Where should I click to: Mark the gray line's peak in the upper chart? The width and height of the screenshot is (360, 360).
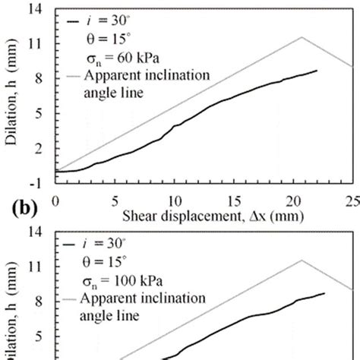302,36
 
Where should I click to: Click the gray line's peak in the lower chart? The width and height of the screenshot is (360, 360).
302,260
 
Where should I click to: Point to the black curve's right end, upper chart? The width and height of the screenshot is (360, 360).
317,71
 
